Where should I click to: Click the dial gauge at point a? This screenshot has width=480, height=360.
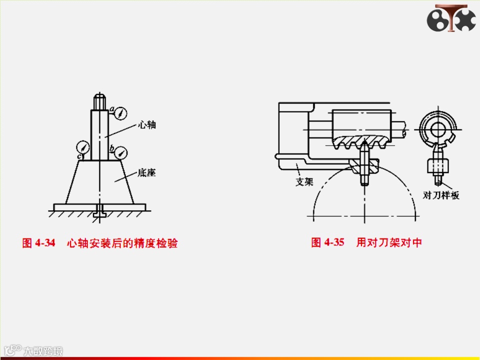tap(120, 114)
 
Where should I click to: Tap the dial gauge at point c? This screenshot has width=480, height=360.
tap(83, 148)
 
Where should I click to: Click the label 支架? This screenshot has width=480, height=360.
tap(303, 182)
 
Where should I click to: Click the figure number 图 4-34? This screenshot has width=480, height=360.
tap(38, 243)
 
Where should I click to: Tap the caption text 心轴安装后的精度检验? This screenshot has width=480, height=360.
tap(122, 243)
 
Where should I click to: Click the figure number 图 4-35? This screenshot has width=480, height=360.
tap(328, 242)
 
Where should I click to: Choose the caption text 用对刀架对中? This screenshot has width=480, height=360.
tap(389, 242)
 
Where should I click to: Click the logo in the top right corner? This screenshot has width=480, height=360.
tap(451, 19)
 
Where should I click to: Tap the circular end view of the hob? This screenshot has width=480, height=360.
tap(438, 129)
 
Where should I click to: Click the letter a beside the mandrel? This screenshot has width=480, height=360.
tap(112, 108)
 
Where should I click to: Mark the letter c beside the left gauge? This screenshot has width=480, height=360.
tap(78, 157)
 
